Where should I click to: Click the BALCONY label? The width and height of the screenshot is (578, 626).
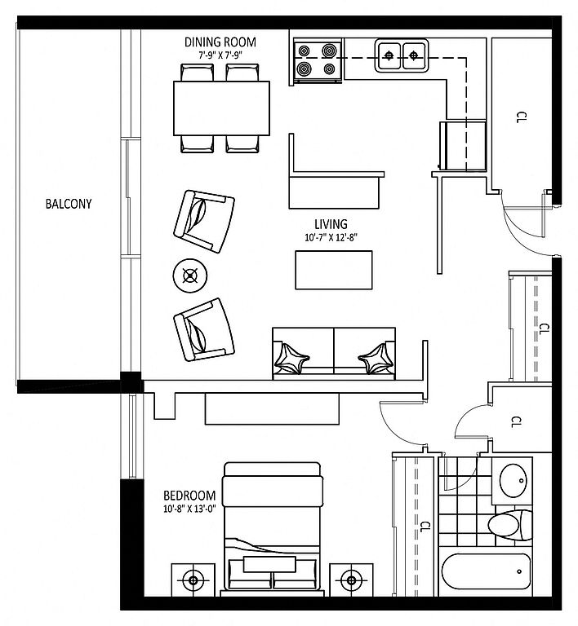[69, 204]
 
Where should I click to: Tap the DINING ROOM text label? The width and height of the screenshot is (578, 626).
[220, 42]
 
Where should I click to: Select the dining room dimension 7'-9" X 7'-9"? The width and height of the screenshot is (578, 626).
[220, 55]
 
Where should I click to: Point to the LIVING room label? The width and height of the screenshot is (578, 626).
[331, 224]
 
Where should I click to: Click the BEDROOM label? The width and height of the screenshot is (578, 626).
[189, 496]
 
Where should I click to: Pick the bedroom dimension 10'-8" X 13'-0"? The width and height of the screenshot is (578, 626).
[189, 509]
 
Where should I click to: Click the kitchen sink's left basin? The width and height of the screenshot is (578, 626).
[389, 55]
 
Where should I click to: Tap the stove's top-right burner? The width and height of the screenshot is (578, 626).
[329, 51]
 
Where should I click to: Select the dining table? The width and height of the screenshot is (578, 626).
[221, 108]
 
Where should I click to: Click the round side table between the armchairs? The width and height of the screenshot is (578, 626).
[190, 276]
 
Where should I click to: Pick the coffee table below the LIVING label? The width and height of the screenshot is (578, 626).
[334, 270]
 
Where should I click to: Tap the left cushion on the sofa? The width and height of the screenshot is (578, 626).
[291, 358]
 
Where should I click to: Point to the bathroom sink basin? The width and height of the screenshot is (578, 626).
[514, 480]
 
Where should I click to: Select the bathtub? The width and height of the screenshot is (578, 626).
[486, 571]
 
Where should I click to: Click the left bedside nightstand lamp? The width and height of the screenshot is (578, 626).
[193, 580]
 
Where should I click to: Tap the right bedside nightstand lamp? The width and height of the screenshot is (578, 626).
[351, 580]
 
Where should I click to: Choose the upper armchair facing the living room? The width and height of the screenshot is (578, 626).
[204, 221]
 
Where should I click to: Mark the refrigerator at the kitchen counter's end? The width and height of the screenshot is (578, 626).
[462, 145]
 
